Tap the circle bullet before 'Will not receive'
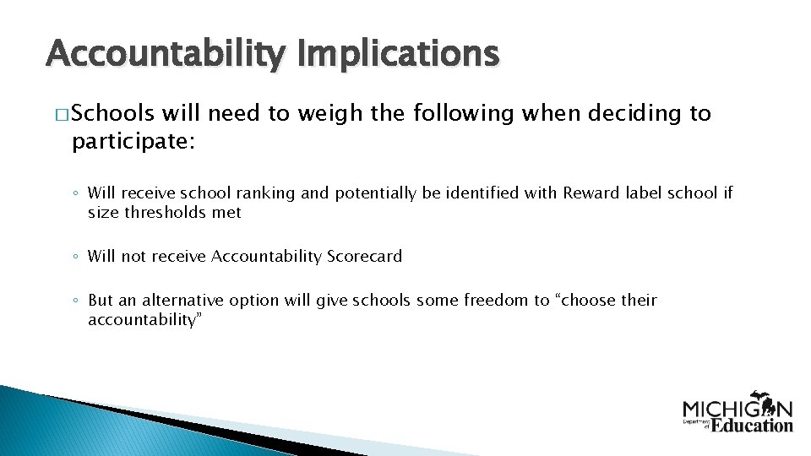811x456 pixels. click(75, 257)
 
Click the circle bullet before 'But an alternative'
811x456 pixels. click(75, 301)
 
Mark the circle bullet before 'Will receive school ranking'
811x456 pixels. click(75, 194)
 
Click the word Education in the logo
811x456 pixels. click(751, 425)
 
